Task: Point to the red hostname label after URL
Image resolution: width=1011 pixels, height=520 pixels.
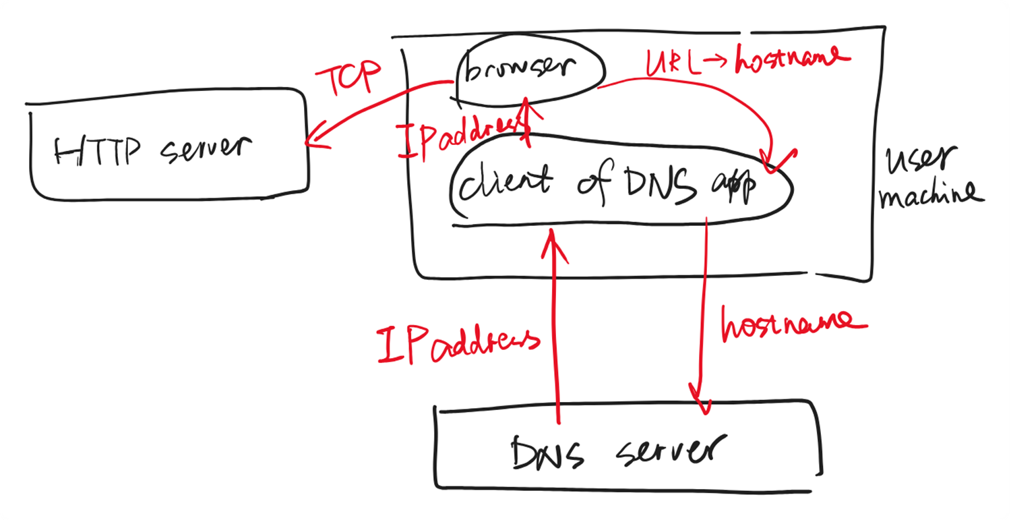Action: tap(790, 62)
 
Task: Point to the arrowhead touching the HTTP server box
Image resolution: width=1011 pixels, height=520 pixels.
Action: tap(311, 142)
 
